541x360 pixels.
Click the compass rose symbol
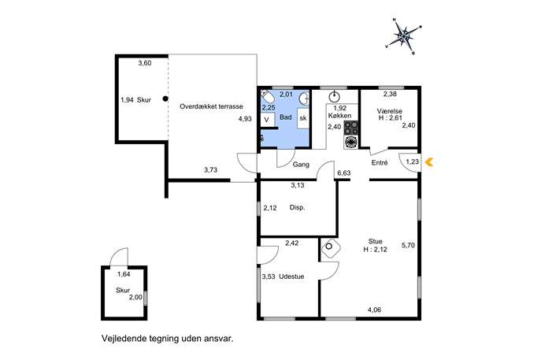(x=404, y=36)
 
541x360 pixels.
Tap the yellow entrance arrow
(x=429, y=161)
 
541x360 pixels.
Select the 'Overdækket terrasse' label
(x=211, y=106)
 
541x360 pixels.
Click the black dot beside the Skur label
(x=165, y=98)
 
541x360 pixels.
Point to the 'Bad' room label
(x=286, y=117)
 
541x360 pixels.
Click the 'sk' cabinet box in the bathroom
(x=303, y=118)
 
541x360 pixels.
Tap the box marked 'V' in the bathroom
(x=268, y=120)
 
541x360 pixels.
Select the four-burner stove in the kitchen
(x=351, y=128)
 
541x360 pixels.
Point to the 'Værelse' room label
(x=390, y=111)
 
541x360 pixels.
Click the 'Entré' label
(x=380, y=162)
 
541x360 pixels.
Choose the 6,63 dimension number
(x=343, y=173)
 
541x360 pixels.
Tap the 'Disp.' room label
(x=297, y=208)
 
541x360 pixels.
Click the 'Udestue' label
(x=291, y=276)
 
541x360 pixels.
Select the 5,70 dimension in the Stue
(x=408, y=246)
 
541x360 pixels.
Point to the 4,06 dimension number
(x=374, y=310)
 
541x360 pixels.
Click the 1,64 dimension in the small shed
(x=124, y=274)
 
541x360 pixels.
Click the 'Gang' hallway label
(x=301, y=165)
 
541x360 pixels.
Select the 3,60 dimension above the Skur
(x=145, y=63)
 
